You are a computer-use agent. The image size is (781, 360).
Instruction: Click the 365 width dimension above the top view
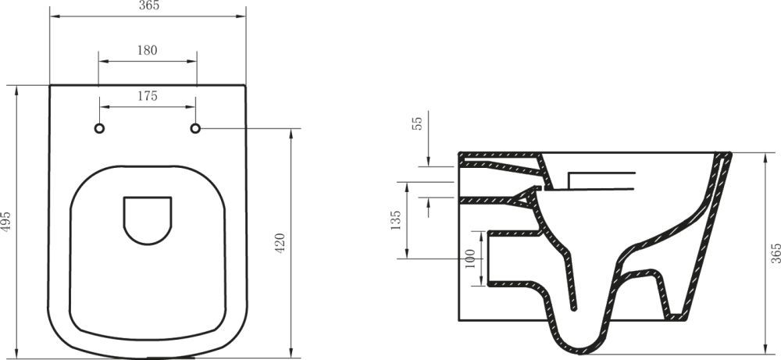(148, 7)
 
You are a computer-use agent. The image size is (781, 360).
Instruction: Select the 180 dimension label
(148, 50)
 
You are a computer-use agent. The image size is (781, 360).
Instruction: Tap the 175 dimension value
(148, 97)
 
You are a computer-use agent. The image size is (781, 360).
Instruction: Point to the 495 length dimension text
(7, 221)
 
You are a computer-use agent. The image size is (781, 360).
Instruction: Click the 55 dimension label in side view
(417, 123)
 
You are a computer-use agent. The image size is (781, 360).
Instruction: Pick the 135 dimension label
(396, 221)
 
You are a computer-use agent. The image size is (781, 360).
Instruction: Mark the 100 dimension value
(469, 258)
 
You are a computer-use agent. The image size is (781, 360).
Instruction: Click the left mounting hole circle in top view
(99, 127)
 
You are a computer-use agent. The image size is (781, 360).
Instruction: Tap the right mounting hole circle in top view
(196, 127)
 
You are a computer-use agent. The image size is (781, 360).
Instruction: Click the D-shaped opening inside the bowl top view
(147, 218)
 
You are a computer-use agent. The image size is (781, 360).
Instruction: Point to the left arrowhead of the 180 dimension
(102, 60)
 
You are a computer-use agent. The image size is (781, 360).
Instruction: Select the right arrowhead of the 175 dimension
(193, 107)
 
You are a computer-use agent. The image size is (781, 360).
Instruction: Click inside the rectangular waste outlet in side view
(512, 256)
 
